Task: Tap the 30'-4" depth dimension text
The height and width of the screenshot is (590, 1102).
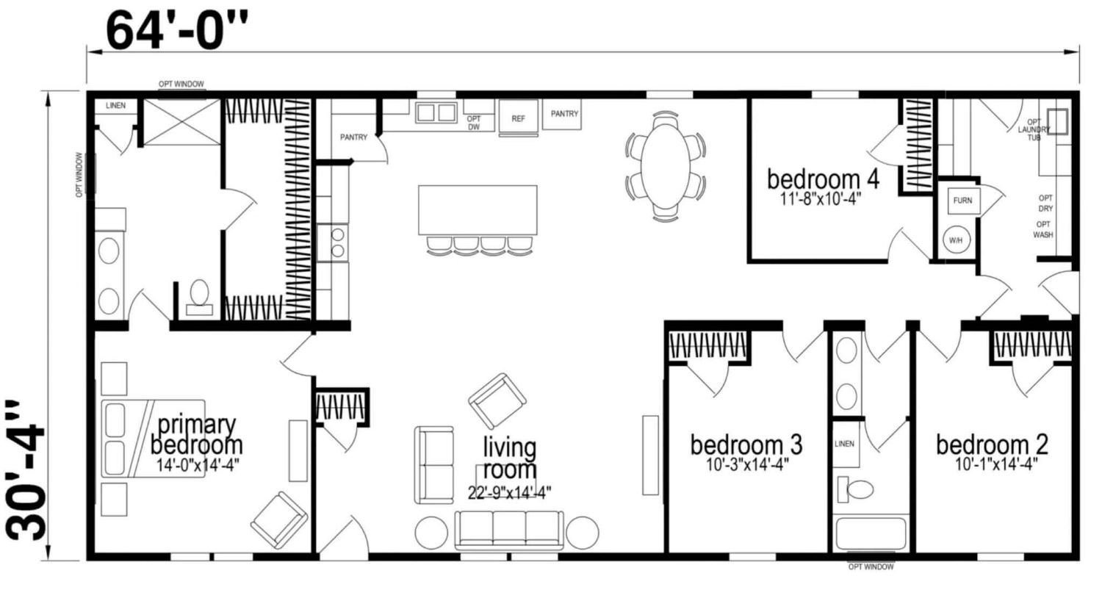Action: [x=26, y=470]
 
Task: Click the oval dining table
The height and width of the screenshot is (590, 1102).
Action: [x=665, y=166]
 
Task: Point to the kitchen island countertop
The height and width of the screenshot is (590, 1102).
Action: [x=478, y=210]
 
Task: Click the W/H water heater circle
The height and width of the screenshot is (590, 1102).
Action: [x=956, y=240]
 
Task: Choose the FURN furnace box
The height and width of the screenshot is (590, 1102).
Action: [x=963, y=201]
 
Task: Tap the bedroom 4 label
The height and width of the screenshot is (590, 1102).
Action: [x=823, y=179]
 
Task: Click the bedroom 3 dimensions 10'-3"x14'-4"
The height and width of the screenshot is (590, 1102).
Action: [x=747, y=464]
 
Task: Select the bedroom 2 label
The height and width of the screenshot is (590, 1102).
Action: [x=992, y=445]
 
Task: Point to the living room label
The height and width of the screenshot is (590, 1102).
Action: [x=510, y=458]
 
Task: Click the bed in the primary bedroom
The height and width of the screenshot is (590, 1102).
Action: [x=153, y=439]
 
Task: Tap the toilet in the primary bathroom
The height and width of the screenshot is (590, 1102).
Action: [x=199, y=298]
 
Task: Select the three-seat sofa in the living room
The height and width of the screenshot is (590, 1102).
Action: [x=508, y=530]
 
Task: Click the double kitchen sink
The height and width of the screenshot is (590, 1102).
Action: [x=436, y=112]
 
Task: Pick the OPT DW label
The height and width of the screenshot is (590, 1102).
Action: [x=473, y=123]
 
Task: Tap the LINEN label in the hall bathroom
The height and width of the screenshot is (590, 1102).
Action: [x=844, y=444]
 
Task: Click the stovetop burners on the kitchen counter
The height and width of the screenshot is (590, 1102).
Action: [x=337, y=242]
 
